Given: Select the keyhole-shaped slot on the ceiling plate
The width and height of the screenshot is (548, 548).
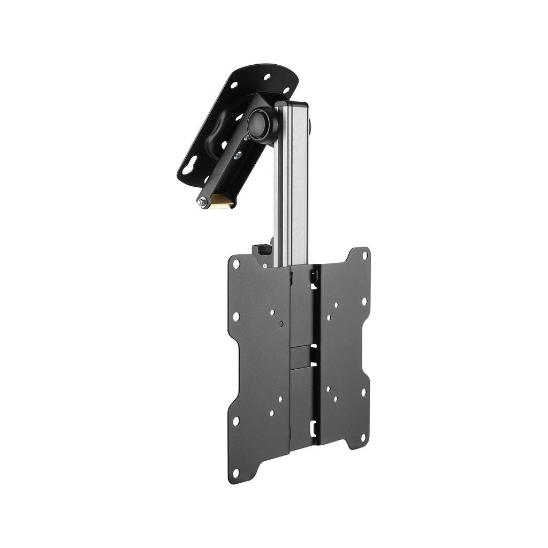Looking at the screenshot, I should point(189,169).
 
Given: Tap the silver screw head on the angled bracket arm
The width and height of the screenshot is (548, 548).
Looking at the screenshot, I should point(238,155).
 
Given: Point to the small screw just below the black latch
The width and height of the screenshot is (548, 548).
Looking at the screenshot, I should point(264,263).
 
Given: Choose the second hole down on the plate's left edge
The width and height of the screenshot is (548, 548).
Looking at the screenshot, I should point(236,317).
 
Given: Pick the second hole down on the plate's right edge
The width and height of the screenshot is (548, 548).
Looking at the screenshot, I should point(364,301).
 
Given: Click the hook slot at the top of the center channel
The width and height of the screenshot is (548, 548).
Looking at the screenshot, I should point(314,276).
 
